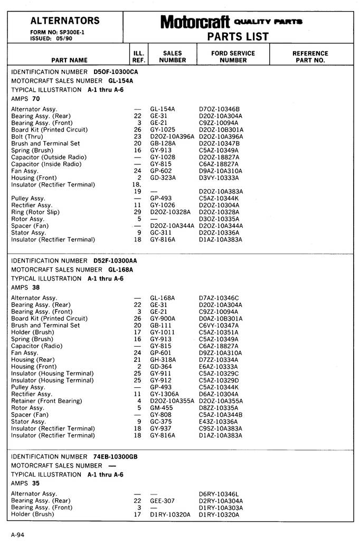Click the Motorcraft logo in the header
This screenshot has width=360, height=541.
click(195, 22)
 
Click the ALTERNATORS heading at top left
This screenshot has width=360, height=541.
click(65, 21)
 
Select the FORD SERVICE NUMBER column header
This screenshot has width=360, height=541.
click(233, 57)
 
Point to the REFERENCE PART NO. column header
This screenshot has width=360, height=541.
click(310, 57)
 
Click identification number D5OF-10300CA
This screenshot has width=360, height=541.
click(116, 71)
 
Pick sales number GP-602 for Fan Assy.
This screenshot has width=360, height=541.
click(160, 171)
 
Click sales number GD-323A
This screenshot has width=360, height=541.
click(163, 178)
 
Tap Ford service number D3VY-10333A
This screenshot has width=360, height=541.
click(219, 178)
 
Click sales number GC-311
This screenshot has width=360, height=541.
click(160, 233)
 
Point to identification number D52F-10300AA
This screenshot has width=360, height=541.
click(115, 261)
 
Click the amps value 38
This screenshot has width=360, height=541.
click(36, 288)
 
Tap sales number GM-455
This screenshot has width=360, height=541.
click(161, 408)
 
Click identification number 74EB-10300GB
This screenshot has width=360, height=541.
click(116, 456)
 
